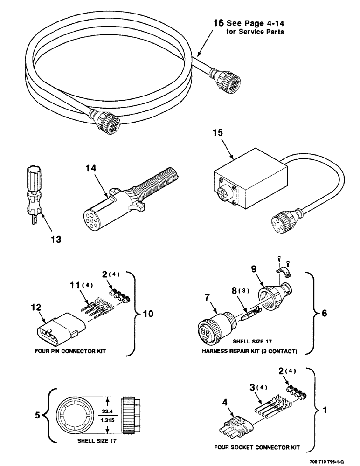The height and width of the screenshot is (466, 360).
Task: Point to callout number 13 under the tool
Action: (x=55, y=239)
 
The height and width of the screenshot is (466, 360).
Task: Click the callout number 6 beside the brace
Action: (x=324, y=314)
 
